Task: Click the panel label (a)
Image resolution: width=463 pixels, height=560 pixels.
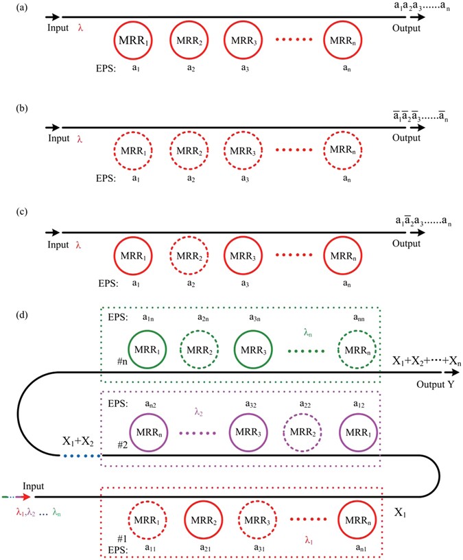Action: click(12, 8)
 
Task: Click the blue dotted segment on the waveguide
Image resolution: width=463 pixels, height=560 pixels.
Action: click(82, 455)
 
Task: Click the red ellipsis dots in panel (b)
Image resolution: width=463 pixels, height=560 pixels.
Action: click(292, 150)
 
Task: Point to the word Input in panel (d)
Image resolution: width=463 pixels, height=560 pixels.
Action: click(47, 486)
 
